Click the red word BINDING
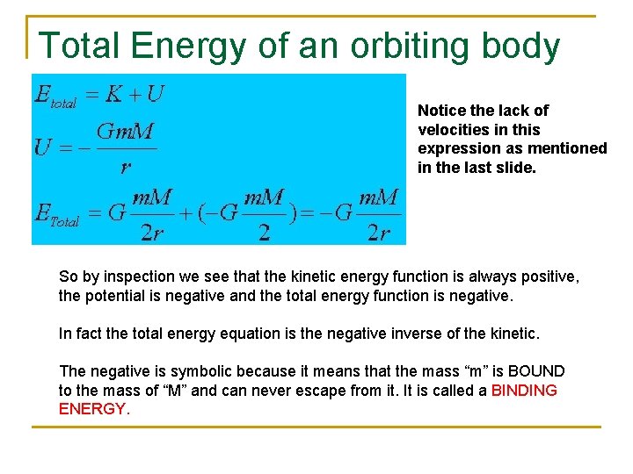pyautogui.click(x=524, y=391)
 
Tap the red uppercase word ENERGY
pyautogui.click(x=92, y=409)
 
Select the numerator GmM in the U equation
pyautogui.click(x=125, y=133)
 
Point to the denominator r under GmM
pyautogui.click(x=126, y=165)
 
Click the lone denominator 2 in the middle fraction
pyautogui.click(x=263, y=232)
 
